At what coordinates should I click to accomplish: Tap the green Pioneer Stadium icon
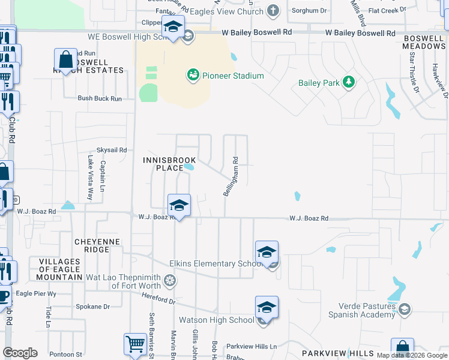point(193,75)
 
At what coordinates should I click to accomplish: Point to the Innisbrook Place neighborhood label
point(161,164)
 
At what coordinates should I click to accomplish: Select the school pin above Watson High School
point(267,308)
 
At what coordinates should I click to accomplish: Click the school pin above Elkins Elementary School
point(267,253)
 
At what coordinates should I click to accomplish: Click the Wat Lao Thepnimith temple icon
point(170,280)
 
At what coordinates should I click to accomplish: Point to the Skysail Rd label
point(112,150)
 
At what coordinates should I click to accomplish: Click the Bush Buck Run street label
point(100,98)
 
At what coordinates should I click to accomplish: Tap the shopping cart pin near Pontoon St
point(135,345)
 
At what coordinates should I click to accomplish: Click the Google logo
point(20,353)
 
